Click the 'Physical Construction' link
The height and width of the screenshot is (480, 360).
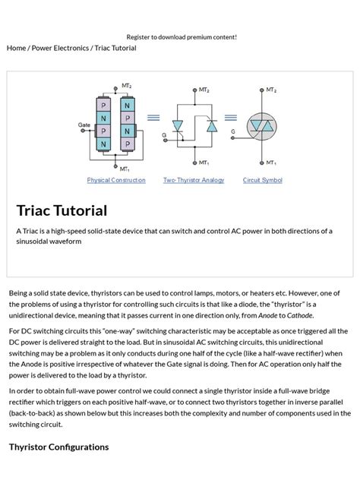(x=116, y=180)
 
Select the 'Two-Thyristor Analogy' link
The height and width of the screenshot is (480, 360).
(x=194, y=180)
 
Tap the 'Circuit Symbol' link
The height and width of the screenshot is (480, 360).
(x=262, y=180)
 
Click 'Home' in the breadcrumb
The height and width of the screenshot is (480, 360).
(x=16, y=48)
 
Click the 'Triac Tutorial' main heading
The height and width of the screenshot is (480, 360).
(x=62, y=210)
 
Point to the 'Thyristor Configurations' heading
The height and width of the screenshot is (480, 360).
(x=58, y=447)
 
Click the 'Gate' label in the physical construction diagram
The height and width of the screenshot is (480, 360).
(x=84, y=125)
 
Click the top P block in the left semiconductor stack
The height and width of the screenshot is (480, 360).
(x=103, y=106)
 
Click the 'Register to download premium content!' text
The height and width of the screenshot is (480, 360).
(x=182, y=36)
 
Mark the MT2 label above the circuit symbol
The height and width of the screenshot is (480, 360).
(x=271, y=90)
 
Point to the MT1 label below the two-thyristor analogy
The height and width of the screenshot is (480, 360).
(x=204, y=163)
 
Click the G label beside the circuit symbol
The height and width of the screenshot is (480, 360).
(x=233, y=131)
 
